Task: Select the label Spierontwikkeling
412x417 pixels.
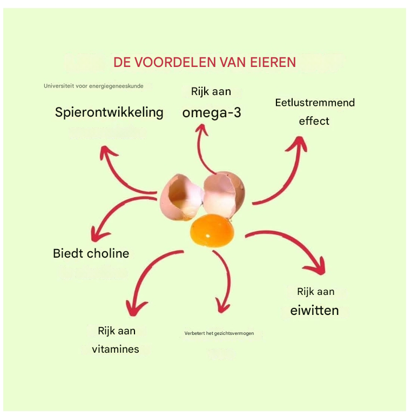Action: pos(109,112)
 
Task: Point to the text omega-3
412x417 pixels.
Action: pos(211,113)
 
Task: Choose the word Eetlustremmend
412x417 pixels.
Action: pos(315,103)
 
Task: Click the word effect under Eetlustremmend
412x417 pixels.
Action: pos(314,121)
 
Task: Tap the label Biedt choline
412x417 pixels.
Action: pos(91,253)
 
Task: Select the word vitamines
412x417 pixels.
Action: pos(116,349)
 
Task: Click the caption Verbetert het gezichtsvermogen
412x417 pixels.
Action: pos(219,333)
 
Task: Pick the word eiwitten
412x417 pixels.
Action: pos(315,310)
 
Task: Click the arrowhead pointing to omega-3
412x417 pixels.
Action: pos(202,130)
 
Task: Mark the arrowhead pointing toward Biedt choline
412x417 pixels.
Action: pos(98,234)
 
